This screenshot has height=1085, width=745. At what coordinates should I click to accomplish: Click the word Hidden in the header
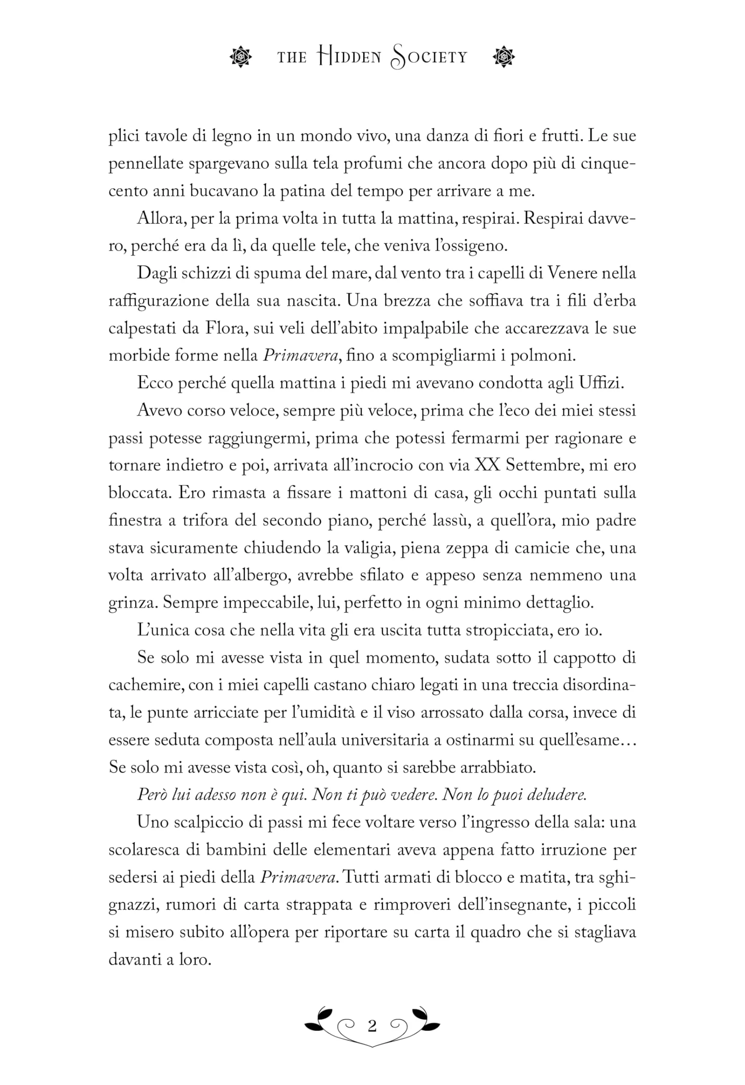[x=349, y=57]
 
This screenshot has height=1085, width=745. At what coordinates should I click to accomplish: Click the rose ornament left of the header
[x=241, y=57]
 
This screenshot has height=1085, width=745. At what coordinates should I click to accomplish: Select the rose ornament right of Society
[x=504, y=57]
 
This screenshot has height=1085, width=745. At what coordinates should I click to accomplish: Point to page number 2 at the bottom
[x=372, y=1026]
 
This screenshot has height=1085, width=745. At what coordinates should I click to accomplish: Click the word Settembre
[x=543, y=465]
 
